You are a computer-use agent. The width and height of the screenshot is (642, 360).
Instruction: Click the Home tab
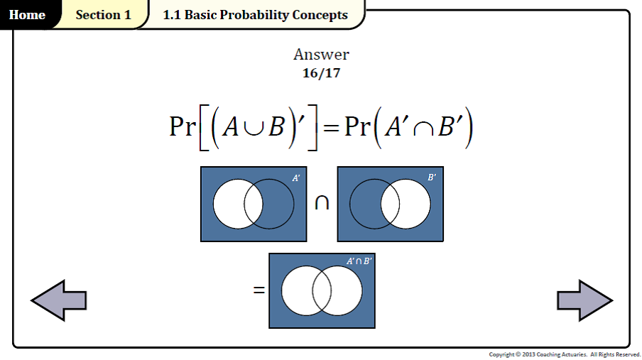pyautogui.click(x=27, y=15)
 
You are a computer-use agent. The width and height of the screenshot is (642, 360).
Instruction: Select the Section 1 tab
pyautogui.click(x=103, y=15)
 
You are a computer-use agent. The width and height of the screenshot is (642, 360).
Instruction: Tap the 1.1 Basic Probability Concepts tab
pyautogui.click(x=255, y=15)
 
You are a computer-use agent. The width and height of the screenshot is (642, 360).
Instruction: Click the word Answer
pyautogui.click(x=321, y=55)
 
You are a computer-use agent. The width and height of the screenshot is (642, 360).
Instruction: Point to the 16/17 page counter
pyautogui.click(x=321, y=72)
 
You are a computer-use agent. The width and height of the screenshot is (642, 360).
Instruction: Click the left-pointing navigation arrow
pyautogui.click(x=58, y=300)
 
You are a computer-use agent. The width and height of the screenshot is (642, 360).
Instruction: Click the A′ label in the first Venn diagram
pyautogui.click(x=296, y=178)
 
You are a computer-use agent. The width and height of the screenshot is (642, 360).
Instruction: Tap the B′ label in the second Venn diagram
pyautogui.click(x=432, y=178)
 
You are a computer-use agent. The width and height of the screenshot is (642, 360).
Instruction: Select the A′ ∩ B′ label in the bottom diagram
pyautogui.click(x=359, y=261)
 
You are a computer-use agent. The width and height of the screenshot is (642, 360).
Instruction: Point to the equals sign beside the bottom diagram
pyautogui.click(x=259, y=290)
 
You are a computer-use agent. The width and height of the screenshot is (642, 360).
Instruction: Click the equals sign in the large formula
pyautogui.click(x=331, y=128)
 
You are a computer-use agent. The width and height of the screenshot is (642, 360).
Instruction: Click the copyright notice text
pyautogui.click(x=565, y=354)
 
